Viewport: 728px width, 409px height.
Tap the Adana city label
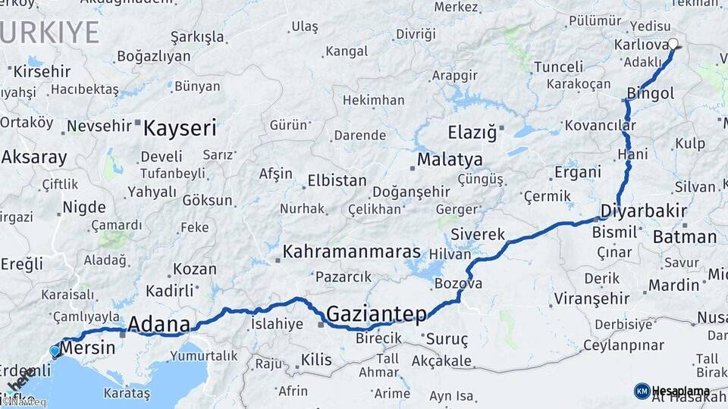tap(158, 324)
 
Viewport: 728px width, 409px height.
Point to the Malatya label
tap(450, 160)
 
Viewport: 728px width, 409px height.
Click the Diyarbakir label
tap(644, 211)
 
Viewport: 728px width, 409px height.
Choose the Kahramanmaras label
tap(352, 251)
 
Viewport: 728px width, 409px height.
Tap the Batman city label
tap(685, 237)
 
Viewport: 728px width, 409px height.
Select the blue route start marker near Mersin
tap(55, 351)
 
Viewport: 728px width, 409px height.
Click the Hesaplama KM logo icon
tap(642, 391)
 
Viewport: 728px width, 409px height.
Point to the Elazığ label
tap(472, 133)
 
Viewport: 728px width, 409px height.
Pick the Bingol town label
tap(650, 94)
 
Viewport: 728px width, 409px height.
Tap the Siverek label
tap(477, 234)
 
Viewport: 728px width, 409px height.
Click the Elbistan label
tap(337, 182)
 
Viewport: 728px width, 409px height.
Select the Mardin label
tap(673, 286)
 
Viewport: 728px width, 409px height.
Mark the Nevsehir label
tap(99, 126)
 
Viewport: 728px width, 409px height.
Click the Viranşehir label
tap(592, 298)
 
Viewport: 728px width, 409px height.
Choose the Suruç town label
tap(447, 339)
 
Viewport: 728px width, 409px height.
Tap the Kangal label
tap(346, 52)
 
